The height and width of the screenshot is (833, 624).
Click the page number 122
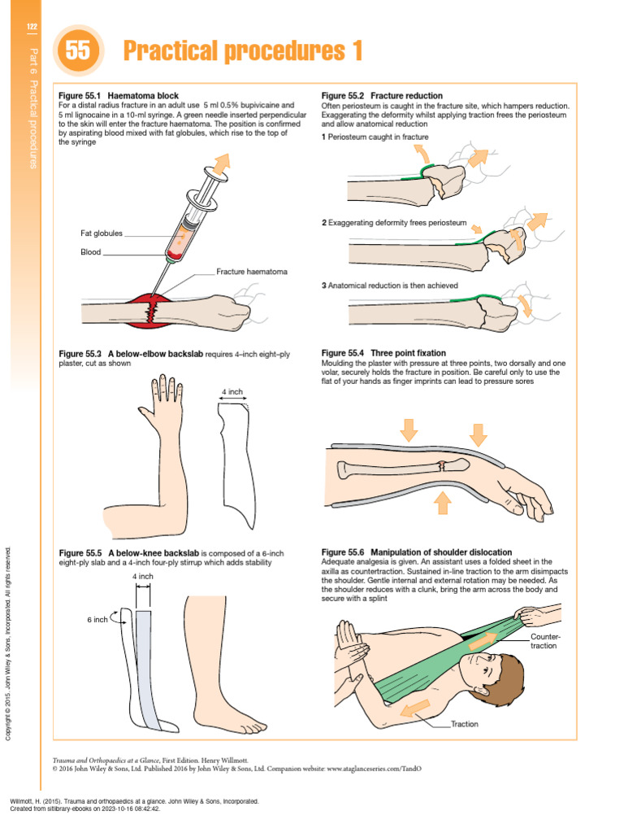(32, 28)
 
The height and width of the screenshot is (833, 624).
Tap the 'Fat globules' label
(102, 233)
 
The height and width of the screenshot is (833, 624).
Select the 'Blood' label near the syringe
(90, 252)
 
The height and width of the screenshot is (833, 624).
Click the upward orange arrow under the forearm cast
(442, 502)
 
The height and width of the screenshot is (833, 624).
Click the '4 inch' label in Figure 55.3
(232, 392)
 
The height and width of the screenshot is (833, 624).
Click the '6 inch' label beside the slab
(97, 620)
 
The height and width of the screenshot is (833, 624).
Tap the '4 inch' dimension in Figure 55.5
(143, 577)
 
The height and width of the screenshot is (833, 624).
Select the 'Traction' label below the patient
(465, 724)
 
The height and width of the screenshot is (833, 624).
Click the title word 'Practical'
(173, 52)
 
